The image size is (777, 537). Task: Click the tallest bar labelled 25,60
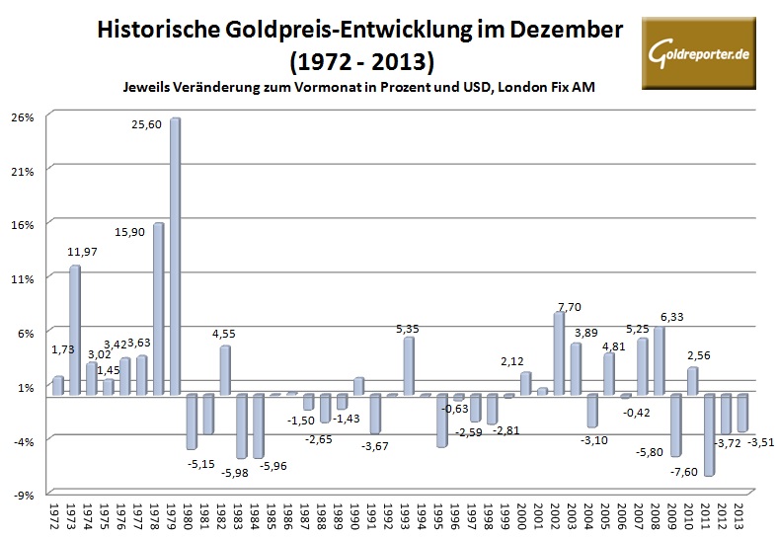pos(175,257)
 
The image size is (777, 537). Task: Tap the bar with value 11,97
pos(74,330)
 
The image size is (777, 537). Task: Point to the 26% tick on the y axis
pos(23,116)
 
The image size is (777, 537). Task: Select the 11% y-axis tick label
pos(23,278)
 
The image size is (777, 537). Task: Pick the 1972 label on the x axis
pos(56,515)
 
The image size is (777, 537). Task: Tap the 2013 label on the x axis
pos(741,515)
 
